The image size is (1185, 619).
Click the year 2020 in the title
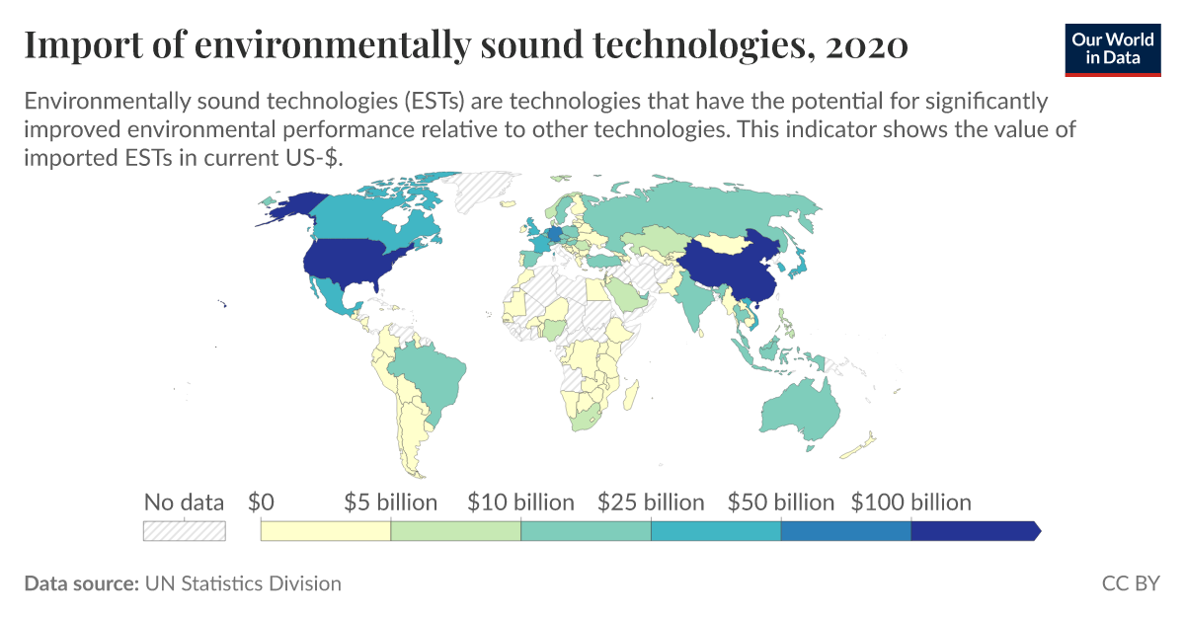870,45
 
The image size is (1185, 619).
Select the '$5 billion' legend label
390,503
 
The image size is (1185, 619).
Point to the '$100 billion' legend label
910,503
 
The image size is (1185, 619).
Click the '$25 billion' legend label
651,503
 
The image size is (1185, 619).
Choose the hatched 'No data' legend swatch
185,531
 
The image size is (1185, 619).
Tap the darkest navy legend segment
973,531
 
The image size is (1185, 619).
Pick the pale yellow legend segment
325,531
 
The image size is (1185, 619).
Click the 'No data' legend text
184,503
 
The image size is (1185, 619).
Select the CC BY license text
1131,583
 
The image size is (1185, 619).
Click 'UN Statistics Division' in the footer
243,583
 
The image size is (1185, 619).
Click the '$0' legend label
261,503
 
